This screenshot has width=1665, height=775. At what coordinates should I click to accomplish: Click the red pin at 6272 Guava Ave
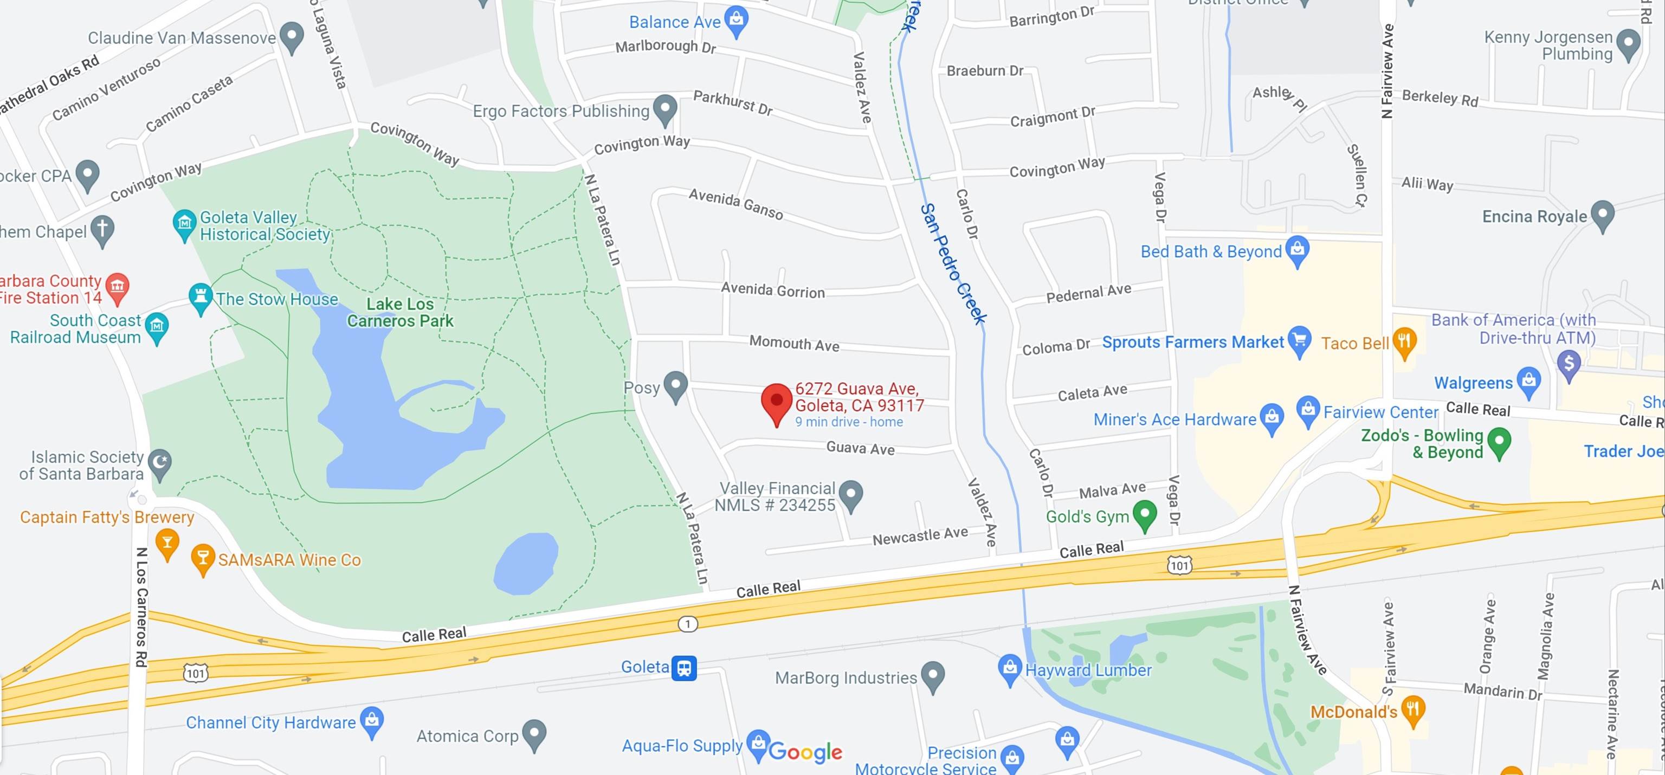coord(776,402)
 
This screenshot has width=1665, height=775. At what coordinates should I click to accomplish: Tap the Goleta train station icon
coord(684,668)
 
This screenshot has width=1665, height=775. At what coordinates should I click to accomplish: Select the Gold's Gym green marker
coord(1145,514)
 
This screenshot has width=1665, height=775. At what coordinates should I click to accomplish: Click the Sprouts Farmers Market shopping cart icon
coord(1299,339)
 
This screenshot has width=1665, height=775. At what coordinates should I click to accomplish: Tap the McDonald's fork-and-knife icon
coord(1414,709)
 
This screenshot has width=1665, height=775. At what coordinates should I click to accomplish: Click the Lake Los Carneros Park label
coord(400,312)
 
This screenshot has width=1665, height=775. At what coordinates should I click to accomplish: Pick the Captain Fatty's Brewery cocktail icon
coord(167,541)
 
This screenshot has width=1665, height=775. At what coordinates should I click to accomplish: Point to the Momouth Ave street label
coord(795,343)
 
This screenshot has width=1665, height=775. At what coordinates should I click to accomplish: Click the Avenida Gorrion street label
coord(773,290)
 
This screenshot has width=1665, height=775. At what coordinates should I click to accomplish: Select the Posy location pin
coord(676,385)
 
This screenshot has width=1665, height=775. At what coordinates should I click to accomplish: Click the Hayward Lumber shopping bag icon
coord(1009,668)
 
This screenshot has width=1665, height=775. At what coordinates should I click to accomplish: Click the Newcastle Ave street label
coord(920,536)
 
